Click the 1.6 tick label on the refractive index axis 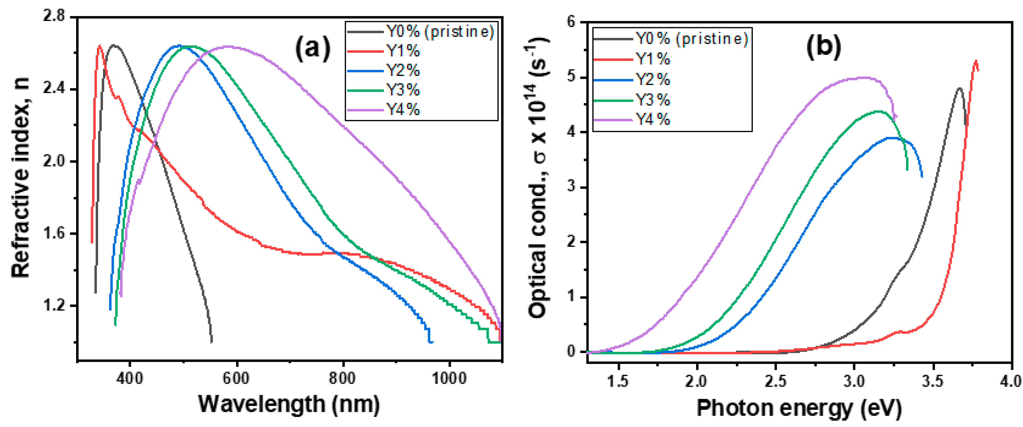pyautogui.click(x=54, y=233)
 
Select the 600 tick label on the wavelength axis pyautogui.click(x=236, y=378)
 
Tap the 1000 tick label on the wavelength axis pyautogui.click(x=449, y=378)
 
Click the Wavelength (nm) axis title pyautogui.click(x=289, y=404)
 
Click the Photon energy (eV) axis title pyautogui.click(x=798, y=408)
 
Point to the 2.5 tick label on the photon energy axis pyautogui.click(x=775, y=381)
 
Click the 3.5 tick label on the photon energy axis pyautogui.click(x=932, y=381)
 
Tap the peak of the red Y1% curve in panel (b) pyautogui.click(x=976, y=62)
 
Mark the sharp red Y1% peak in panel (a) pyautogui.click(x=99, y=46)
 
